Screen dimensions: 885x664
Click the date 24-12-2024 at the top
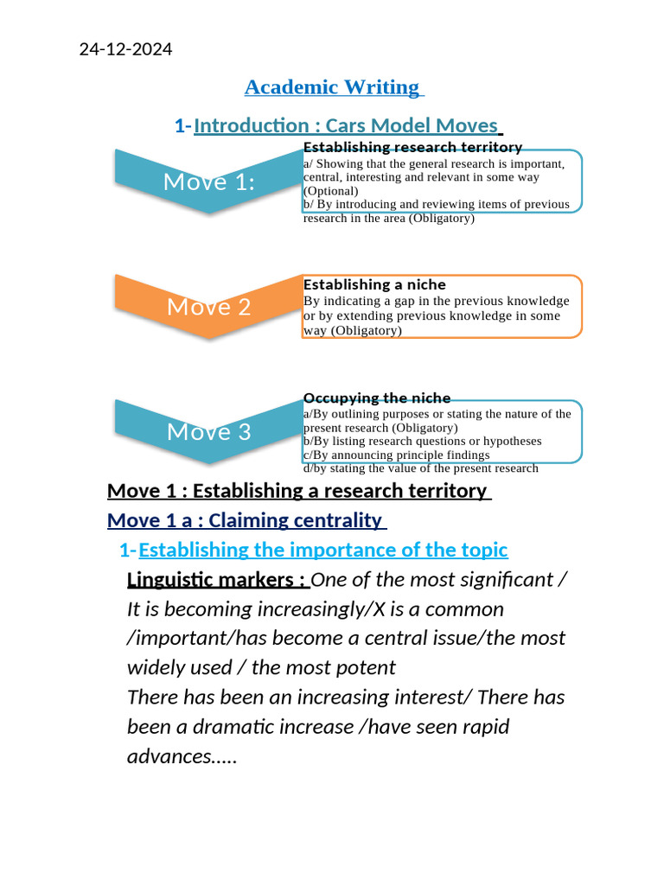125,49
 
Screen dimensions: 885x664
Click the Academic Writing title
332,87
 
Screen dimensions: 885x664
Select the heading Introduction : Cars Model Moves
346,126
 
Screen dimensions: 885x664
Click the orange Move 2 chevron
208,307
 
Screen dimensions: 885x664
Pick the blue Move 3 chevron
208,431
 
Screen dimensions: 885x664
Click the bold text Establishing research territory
412,148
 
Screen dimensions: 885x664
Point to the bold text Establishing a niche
374,284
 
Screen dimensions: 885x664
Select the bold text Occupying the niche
377,398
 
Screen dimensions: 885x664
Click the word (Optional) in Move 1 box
330,191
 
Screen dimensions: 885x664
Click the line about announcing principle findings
396,455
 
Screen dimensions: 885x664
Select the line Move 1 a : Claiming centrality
245,520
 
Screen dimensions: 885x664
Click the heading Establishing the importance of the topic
322,550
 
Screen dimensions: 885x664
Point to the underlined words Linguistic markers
215,579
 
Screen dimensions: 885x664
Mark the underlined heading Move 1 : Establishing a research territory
297,491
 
